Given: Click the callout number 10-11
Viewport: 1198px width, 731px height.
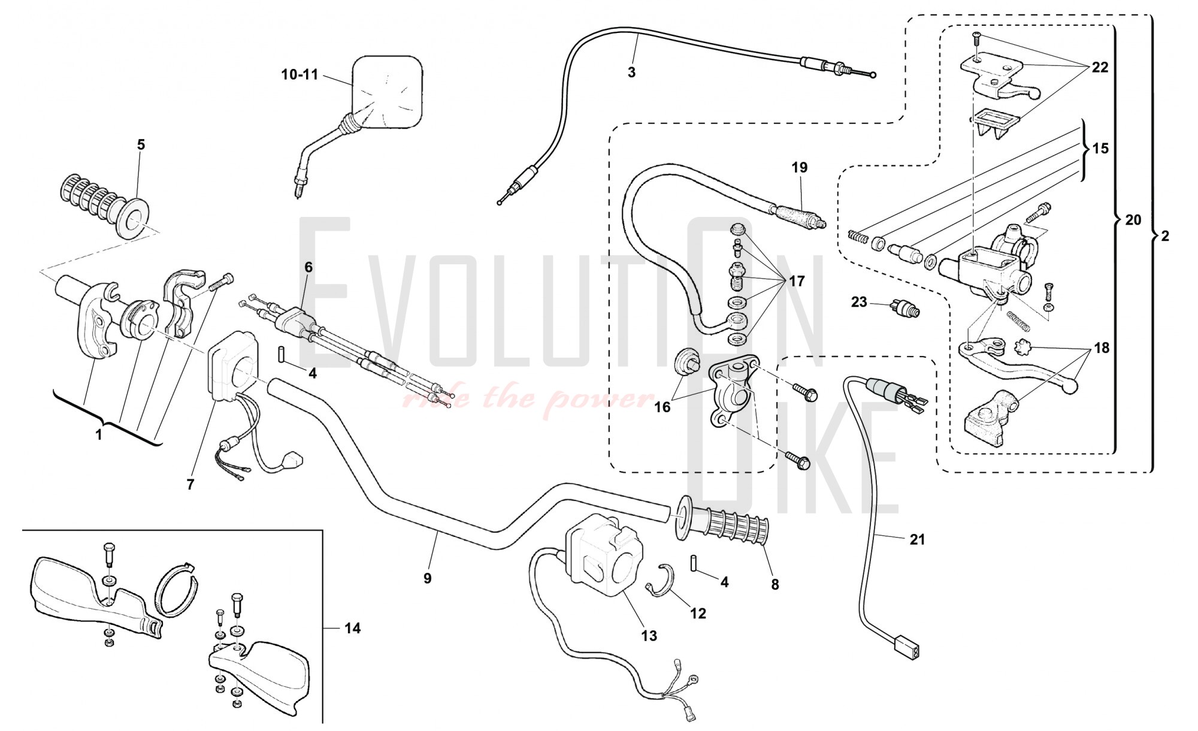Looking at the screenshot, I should pos(299,75).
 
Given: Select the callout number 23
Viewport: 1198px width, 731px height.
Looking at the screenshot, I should pos(859,302).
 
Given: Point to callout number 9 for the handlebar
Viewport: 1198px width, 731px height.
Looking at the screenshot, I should pos(427,578).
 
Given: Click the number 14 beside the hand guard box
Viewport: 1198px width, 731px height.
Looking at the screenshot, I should pos(352,628).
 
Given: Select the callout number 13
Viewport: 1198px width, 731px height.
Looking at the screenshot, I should pos(649,636).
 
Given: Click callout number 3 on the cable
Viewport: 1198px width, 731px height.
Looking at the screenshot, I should pos(631,73).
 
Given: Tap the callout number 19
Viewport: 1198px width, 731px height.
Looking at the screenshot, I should pos(799,167).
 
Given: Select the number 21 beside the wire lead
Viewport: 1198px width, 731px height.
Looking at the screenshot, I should pos(917,539).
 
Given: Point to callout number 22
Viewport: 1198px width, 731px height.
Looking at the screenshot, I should pos(1100,68).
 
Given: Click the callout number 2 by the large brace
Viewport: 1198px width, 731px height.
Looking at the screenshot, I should pos(1164,236).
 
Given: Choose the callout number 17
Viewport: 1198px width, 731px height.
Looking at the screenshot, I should pos(797,280).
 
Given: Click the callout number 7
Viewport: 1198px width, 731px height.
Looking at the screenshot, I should pos(190,485).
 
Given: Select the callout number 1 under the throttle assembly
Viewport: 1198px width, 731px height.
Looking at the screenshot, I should pos(99,436).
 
